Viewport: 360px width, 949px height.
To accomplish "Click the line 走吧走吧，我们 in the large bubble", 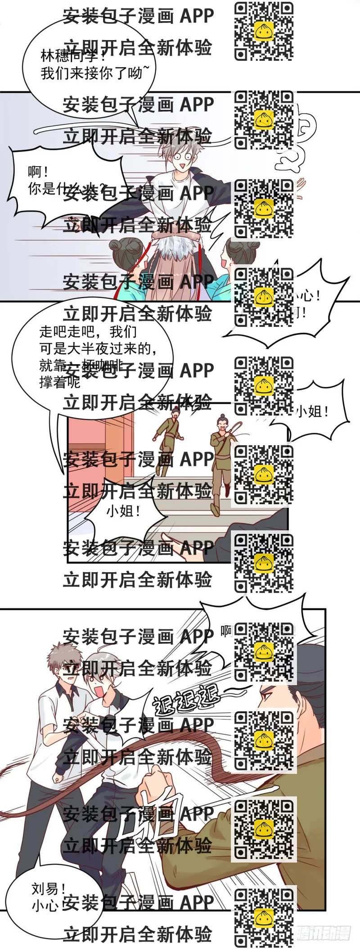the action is pos(88,332).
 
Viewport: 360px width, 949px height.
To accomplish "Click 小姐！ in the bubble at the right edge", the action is pos(312,411).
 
